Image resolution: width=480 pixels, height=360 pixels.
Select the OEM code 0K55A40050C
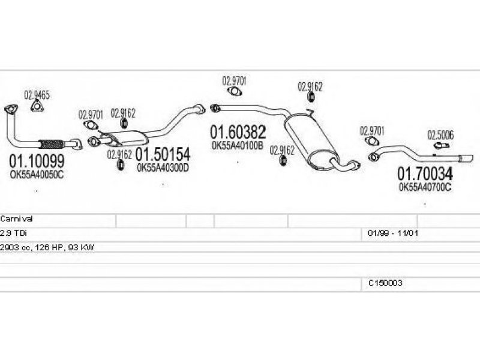[38, 174]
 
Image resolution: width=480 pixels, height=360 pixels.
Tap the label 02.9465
[37, 94]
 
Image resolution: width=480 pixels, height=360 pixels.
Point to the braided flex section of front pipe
[51, 143]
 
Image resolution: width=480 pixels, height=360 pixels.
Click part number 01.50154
[163, 154]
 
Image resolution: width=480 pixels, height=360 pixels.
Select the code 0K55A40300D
[163, 167]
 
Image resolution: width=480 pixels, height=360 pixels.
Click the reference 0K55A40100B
[237, 145]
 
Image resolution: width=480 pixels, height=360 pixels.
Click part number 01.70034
[425, 173]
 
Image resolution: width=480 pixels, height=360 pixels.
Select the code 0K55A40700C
[425, 187]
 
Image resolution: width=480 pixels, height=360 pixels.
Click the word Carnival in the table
[17, 220]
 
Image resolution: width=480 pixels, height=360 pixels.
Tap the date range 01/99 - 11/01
[388, 233]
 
